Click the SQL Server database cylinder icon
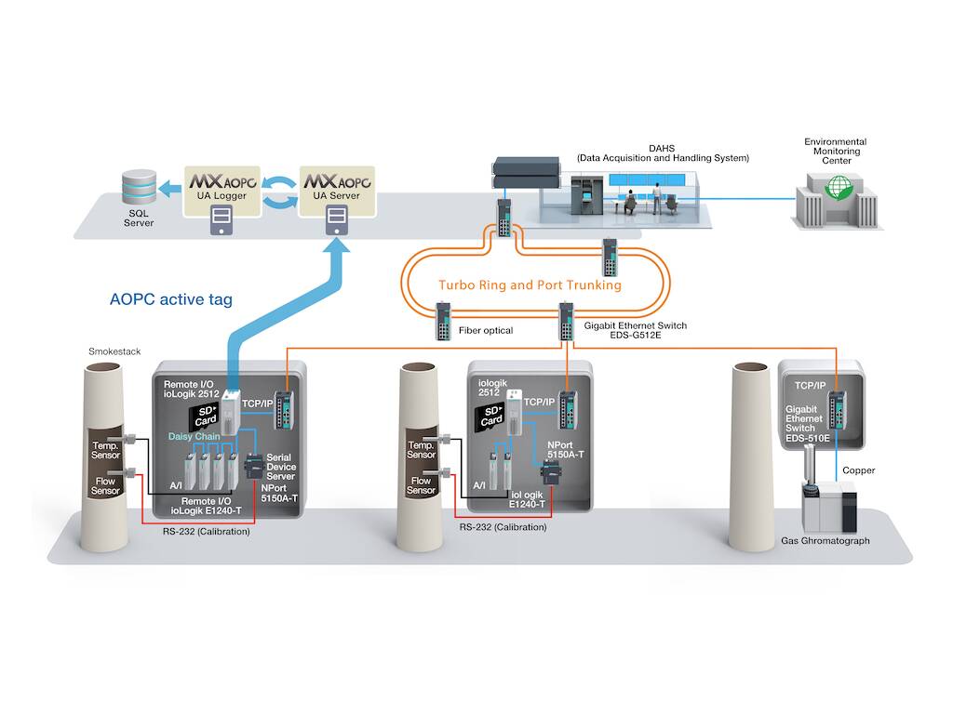pyautogui.click(x=140, y=186)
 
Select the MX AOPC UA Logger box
pyautogui.click(x=222, y=192)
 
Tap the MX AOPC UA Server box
pyautogui.click(x=337, y=192)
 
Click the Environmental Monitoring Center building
pyautogui.click(x=838, y=201)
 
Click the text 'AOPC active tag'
pyautogui.click(x=171, y=299)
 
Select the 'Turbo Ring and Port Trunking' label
pyautogui.click(x=530, y=284)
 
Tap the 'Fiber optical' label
pyautogui.click(x=486, y=330)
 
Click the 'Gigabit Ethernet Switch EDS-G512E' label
pyautogui.click(x=635, y=330)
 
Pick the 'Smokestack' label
pyautogui.click(x=114, y=351)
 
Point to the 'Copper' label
pyautogui.click(x=858, y=470)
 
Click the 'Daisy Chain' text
pyautogui.click(x=194, y=437)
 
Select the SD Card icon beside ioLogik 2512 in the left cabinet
pyautogui.click(x=204, y=416)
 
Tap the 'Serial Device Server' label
pyautogui.click(x=281, y=467)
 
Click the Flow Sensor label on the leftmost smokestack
pyautogui.click(x=105, y=485)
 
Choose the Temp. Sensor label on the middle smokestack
pyautogui.click(x=422, y=450)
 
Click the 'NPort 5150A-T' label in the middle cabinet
pyautogui.click(x=565, y=450)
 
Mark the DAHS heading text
pyautogui.click(x=662, y=148)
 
